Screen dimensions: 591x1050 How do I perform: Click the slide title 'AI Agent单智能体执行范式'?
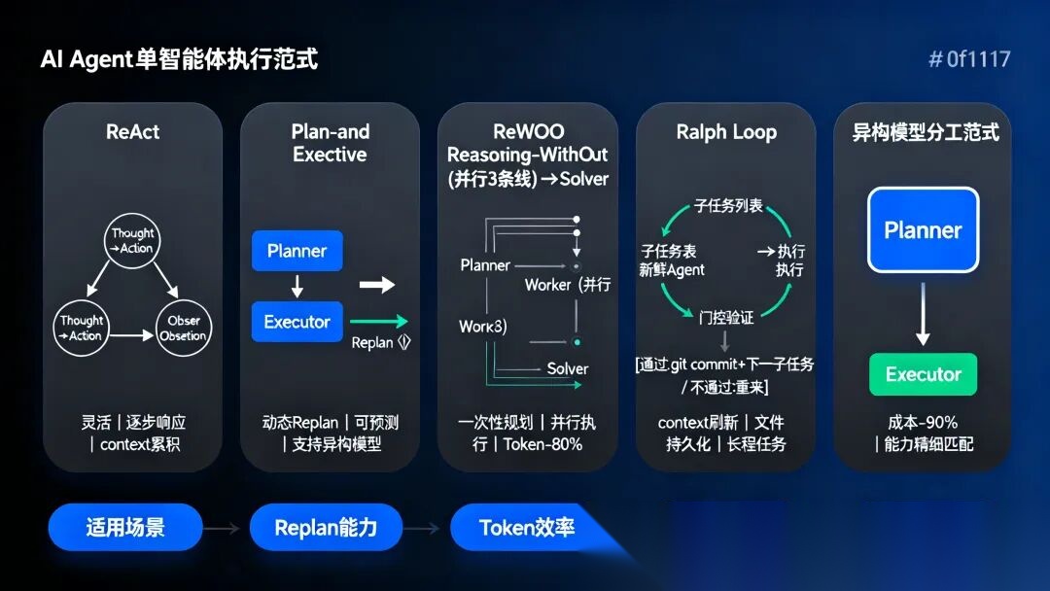(179, 60)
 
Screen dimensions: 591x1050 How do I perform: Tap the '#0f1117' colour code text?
(969, 60)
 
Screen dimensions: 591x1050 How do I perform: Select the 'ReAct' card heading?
(132, 132)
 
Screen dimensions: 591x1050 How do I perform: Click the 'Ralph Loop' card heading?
(726, 132)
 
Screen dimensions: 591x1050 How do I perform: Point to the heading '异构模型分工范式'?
(925, 132)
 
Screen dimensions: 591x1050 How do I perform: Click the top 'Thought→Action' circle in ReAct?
(132, 240)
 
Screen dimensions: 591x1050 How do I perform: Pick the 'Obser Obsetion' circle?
(183, 329)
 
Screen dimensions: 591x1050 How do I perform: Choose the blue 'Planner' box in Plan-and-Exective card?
(297, 251)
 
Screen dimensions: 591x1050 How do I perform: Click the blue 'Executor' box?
(297, 322)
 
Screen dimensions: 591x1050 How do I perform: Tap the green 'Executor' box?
(923, 374)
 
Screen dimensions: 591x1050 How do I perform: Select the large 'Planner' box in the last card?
(923, 230)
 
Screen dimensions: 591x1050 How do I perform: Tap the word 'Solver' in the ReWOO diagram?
(567, 368)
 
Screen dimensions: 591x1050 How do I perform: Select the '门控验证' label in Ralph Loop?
(725, 318)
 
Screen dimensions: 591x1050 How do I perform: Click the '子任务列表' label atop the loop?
(728, 207)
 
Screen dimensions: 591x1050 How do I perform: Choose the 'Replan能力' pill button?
(325, 528)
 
